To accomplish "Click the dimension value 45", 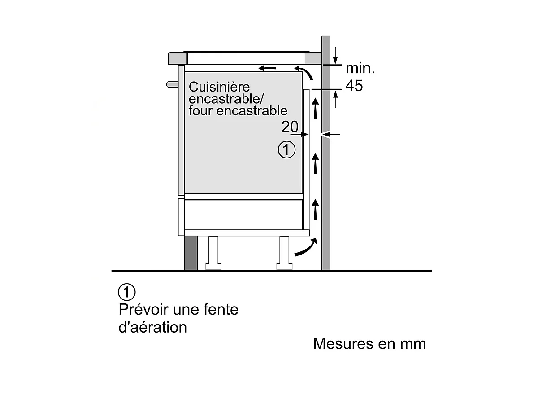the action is [x=354, y=86].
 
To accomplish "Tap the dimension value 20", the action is [x=290, y=127].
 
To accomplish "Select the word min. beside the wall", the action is [x=360, y=68].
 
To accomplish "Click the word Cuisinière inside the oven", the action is [x=219, y=87].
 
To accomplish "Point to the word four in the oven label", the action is [x=200, y=110].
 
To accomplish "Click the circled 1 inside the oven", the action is [x=286, y=149].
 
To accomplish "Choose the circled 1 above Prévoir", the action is [x=126, y=292].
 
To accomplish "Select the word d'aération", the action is [x=152, y=327].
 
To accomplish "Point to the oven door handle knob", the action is [x=172, y=84].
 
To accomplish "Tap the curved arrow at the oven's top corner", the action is [x=305, y=72].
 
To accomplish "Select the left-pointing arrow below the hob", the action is [x=267, y=68].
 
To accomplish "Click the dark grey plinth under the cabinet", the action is [x=191, y=253].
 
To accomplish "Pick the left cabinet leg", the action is [x=213, y=253].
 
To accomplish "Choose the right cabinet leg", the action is [x=284, y=253].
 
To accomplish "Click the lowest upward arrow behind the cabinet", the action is [x=316, y=209].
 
